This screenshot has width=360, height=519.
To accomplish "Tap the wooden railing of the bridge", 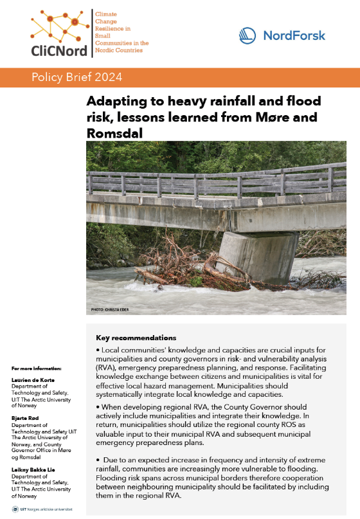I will pos(212,183).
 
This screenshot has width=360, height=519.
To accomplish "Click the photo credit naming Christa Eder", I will pos(111,311).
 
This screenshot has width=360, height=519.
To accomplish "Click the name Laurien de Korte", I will pos(32,379).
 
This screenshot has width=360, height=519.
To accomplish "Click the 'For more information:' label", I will pos(36,369).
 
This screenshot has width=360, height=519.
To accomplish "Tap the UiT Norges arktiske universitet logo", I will pos(40,507).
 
